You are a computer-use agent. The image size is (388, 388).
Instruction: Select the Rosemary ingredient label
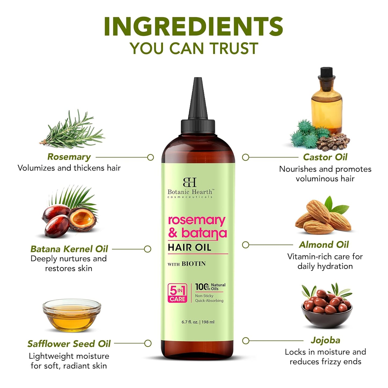[69, 157]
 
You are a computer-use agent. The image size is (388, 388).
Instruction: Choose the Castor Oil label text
[325, 157]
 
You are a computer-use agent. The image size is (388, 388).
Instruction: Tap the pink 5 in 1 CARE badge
[177, 293]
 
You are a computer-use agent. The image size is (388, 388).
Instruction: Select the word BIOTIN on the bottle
[194, 264]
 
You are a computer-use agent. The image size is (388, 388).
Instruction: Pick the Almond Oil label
[324, 245]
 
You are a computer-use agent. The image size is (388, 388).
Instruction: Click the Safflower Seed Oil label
[69, 344]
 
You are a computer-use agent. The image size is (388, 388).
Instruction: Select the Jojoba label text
[325, 340]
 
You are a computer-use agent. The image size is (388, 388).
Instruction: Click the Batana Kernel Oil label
[69, 249]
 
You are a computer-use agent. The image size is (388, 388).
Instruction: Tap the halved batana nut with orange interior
[82, 219]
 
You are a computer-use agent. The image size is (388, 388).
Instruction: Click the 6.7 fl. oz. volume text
[190, 322]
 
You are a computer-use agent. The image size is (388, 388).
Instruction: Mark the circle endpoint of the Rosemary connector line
[151, 157]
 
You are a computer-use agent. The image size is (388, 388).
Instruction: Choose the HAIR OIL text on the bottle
[190, 247]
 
